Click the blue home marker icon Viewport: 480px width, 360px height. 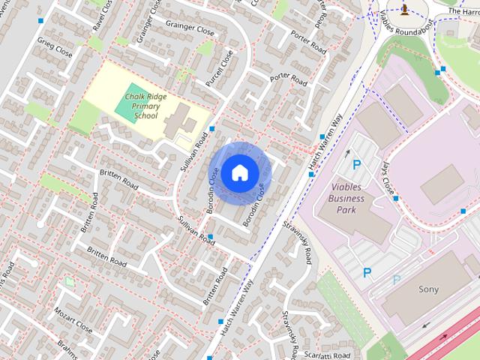pyautogui.click(x=238, y=172)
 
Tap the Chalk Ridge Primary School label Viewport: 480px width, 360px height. pyautogui.click(x=145, y=106)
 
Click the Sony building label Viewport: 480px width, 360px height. pyautogui.click(x=428, y=289)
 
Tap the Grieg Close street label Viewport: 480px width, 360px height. pyautogui.click(x=55, y=49)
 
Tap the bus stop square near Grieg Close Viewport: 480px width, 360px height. pyautogui.click(x=40, y=20)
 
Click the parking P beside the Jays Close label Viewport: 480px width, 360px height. pyautogui.click(x=357, y=164)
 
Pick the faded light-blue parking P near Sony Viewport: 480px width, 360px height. pyautogui.click(x=397, y=280)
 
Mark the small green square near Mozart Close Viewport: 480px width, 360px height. pyautogui.click(x=70, y=282)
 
